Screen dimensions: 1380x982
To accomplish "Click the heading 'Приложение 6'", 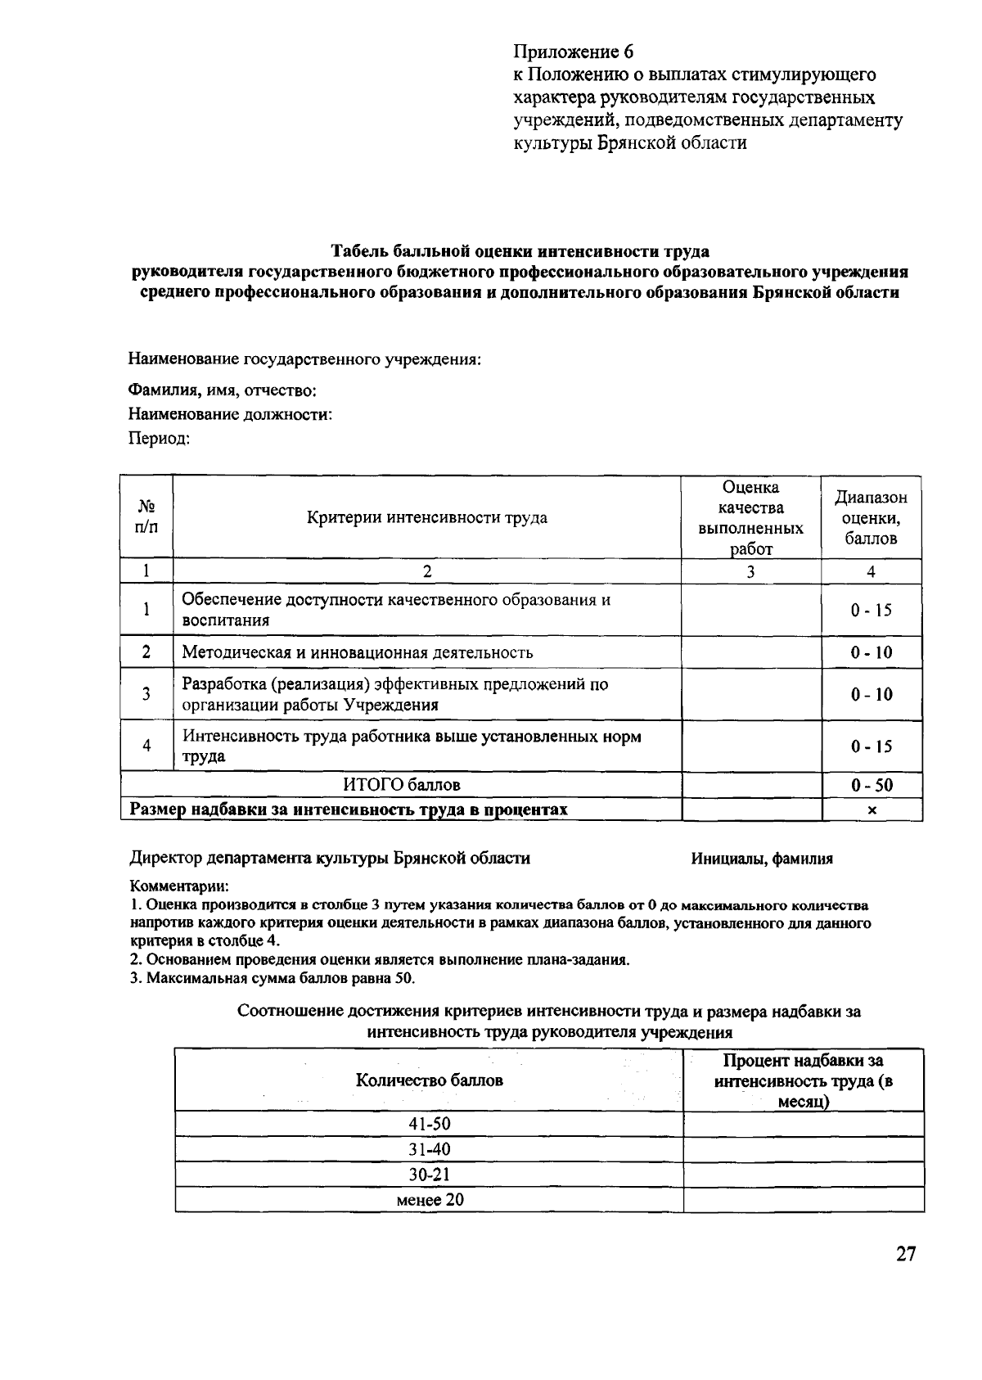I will [x=573, y=52].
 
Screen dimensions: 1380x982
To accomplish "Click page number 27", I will [x=905, y=1254].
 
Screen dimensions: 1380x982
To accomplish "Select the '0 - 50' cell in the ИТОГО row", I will [x=872, y=785].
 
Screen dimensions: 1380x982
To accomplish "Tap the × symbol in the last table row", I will [x=872, y=810].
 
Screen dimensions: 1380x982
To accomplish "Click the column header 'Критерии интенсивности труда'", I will [x=427, y=517].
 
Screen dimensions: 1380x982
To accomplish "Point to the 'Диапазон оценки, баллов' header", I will [x=872, y=517].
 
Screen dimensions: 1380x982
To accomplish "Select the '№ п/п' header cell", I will [x=146, y=517].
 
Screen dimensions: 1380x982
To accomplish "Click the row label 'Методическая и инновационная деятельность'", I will [x=358, y=652].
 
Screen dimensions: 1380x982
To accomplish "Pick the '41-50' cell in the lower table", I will [x=430, y=1124].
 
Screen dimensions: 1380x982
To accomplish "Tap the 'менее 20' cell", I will [x=430, y=1200].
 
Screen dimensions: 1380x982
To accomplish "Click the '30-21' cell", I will [x=430, y=1175].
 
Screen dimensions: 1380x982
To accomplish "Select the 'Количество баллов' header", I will [x=430, y=1080].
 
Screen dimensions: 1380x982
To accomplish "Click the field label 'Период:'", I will [x=160, y=439].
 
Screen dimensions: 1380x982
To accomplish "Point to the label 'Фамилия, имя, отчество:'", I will [x=223, y=390].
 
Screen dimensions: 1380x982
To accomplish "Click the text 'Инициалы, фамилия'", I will [x=762, y=859].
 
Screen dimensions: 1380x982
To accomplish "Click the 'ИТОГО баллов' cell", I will [x=402, y=785].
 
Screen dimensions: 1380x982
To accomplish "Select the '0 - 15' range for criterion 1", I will [x=872, y=610].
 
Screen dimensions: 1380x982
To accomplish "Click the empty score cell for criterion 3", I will [x=751, y=694].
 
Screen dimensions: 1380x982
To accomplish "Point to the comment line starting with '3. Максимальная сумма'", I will [x=273, y=978].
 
